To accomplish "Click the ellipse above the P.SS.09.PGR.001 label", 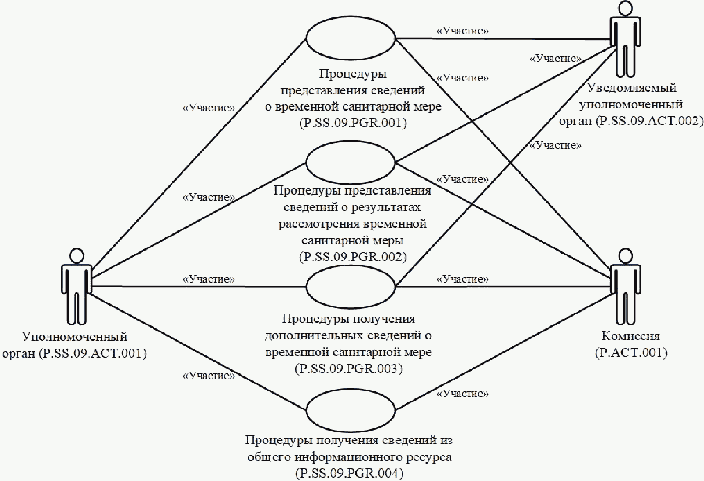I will coord(351,38).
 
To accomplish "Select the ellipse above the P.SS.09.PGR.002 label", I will coord(351,163).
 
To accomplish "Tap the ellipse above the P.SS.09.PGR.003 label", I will coord(351,286).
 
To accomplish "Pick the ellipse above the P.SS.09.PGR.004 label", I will coord(351,410).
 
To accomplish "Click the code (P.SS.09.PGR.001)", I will coord(353,123).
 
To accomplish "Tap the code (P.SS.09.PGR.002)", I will coord(353,257).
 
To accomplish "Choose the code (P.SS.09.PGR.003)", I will coord(349,368).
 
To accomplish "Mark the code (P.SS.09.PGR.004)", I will coord(349,473).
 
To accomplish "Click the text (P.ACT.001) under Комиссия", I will coord(631,353).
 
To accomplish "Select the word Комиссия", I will coord(631,336).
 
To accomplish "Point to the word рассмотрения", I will coord(320,224).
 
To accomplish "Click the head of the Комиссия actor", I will coord(626,255).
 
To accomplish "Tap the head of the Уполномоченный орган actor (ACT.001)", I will coord(76,255).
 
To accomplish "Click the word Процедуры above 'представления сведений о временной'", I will coord(353,74).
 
